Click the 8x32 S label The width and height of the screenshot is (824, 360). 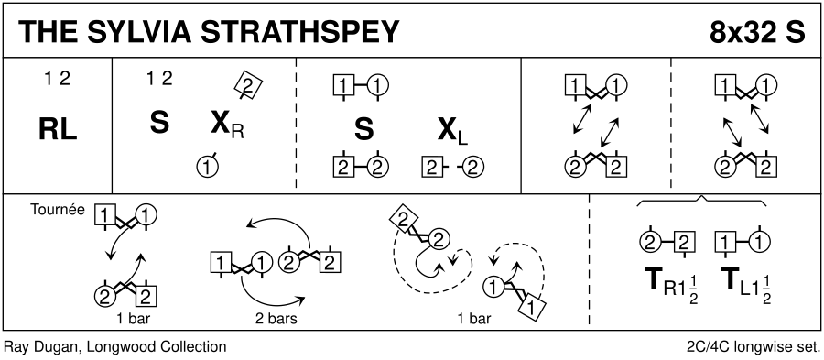pyautogui.click(x=757, y=33)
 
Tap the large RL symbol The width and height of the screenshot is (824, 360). pyautogui.click(x=59, y=130)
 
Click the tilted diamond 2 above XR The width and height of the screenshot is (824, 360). pyautogui.click(x=248, y=84)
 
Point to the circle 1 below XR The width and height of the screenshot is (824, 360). pyautogui.click(x=207, y=168)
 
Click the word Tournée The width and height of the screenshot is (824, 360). pyautogui.click(x=58, y=210)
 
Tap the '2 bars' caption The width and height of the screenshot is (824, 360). pyautogui.click(x=273, y=319)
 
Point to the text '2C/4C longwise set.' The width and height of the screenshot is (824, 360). pyautogui.click(x=753, y=347)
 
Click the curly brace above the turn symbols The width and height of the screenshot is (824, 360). pyautogui.click(x=701, y=201)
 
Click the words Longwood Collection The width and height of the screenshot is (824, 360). pyautogui.click(x=157, y=347)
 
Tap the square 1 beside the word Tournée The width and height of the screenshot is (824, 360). pyautogui.click(x=104, y=215)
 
